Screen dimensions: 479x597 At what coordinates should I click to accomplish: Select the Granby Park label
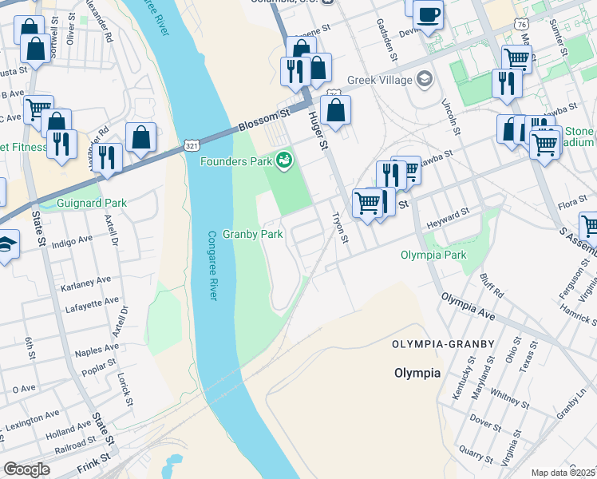pyautogui.click(x=253, y=235)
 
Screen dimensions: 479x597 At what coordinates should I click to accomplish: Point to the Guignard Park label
pyautogui.click(x=92, y=204)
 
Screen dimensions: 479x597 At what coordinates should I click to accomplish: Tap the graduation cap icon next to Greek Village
pyautogui.click(x=425, y=79)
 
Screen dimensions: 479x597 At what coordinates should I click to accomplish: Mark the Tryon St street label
pyautogui.click(x=341, y=228)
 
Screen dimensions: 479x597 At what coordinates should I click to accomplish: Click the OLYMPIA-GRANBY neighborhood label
pyautogui.click(x=443, y=343)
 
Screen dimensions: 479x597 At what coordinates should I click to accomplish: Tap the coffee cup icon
pyautogui.click(x=429, y=14)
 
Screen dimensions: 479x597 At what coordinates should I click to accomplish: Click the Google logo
pyautogui.click(x=26, y=469)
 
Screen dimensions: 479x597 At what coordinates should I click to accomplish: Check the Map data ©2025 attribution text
pyautogui.click(x=563, y=473)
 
